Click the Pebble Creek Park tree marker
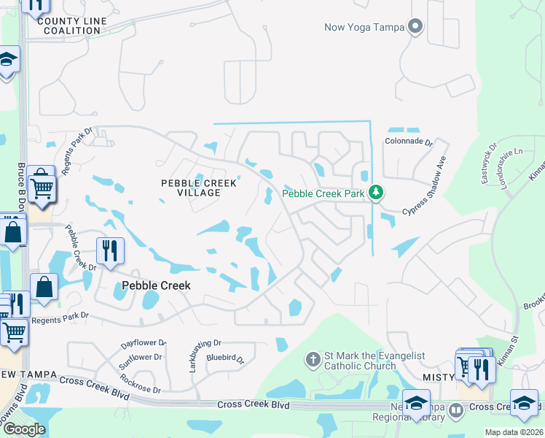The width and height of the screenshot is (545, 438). (375, 193)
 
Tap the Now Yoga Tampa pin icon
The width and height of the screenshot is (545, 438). (415, 28)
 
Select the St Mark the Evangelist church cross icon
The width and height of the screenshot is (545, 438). (313, 359)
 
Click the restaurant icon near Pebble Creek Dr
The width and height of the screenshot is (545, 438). (110, 251)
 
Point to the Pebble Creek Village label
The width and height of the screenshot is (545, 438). (190, 187)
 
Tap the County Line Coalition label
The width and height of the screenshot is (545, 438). (71, 26)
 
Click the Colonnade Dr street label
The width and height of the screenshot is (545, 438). (409, 142)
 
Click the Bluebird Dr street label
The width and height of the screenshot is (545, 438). (224, 358)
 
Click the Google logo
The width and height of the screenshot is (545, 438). (24, 429)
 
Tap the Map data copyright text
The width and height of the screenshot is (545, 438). (514, 433)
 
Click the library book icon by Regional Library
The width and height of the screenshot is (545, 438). (456, 410)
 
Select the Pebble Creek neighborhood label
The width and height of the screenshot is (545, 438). (156, 285)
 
